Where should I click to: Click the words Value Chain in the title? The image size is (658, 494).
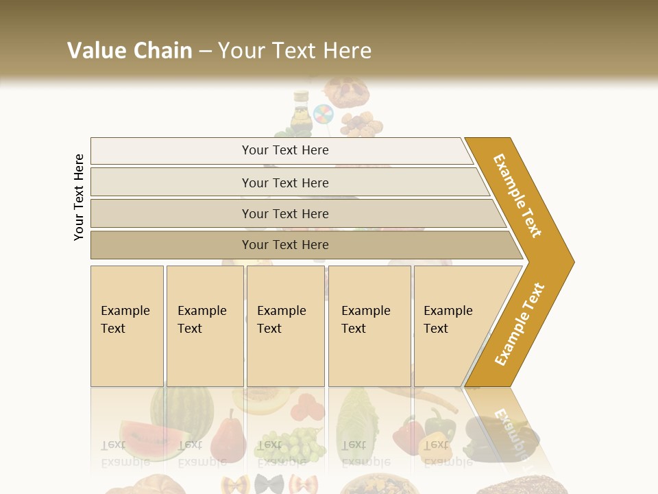pos(130,51)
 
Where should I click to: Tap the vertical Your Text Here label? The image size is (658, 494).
pos(79,197)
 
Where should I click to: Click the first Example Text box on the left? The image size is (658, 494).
pos(127,326)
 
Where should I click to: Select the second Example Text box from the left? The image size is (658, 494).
pos(205,326)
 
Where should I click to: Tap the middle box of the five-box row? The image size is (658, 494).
pos(285,326)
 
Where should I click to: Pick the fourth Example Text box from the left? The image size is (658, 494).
pos(369,326)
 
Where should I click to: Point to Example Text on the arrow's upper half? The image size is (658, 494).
pos(517,196)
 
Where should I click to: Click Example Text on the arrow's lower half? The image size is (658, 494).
pos(520,324)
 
